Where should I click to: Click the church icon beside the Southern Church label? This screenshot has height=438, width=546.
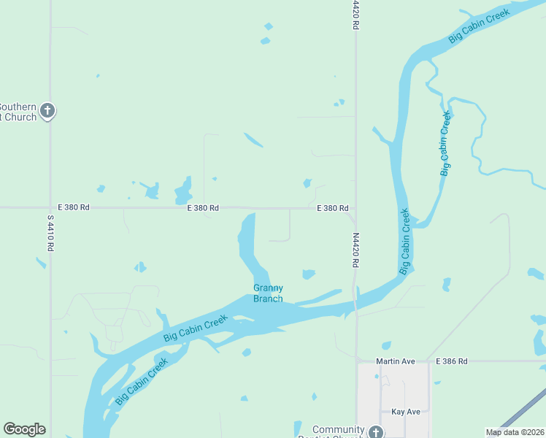47,111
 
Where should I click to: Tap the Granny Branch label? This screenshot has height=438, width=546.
268,293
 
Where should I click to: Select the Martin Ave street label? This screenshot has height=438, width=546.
395,361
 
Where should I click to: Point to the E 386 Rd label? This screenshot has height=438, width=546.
450,361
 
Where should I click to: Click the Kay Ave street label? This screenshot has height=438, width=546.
405,412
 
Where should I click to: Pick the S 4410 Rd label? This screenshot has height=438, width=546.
50,234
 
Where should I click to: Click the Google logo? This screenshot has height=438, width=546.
24,429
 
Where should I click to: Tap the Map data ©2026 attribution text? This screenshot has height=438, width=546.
515,432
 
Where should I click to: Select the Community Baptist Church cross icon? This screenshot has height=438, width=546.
375,431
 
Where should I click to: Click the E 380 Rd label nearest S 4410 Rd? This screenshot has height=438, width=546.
73,208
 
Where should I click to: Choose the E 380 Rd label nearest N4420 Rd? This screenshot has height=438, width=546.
332,208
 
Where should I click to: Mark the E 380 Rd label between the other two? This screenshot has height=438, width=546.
203,208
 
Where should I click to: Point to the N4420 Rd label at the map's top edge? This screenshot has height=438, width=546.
355,15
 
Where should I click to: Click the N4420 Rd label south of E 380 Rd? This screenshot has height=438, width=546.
355,250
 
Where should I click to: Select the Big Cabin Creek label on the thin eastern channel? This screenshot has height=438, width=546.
445,143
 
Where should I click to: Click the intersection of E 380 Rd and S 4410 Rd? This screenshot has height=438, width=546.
50,208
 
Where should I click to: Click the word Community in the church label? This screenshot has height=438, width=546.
338,429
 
